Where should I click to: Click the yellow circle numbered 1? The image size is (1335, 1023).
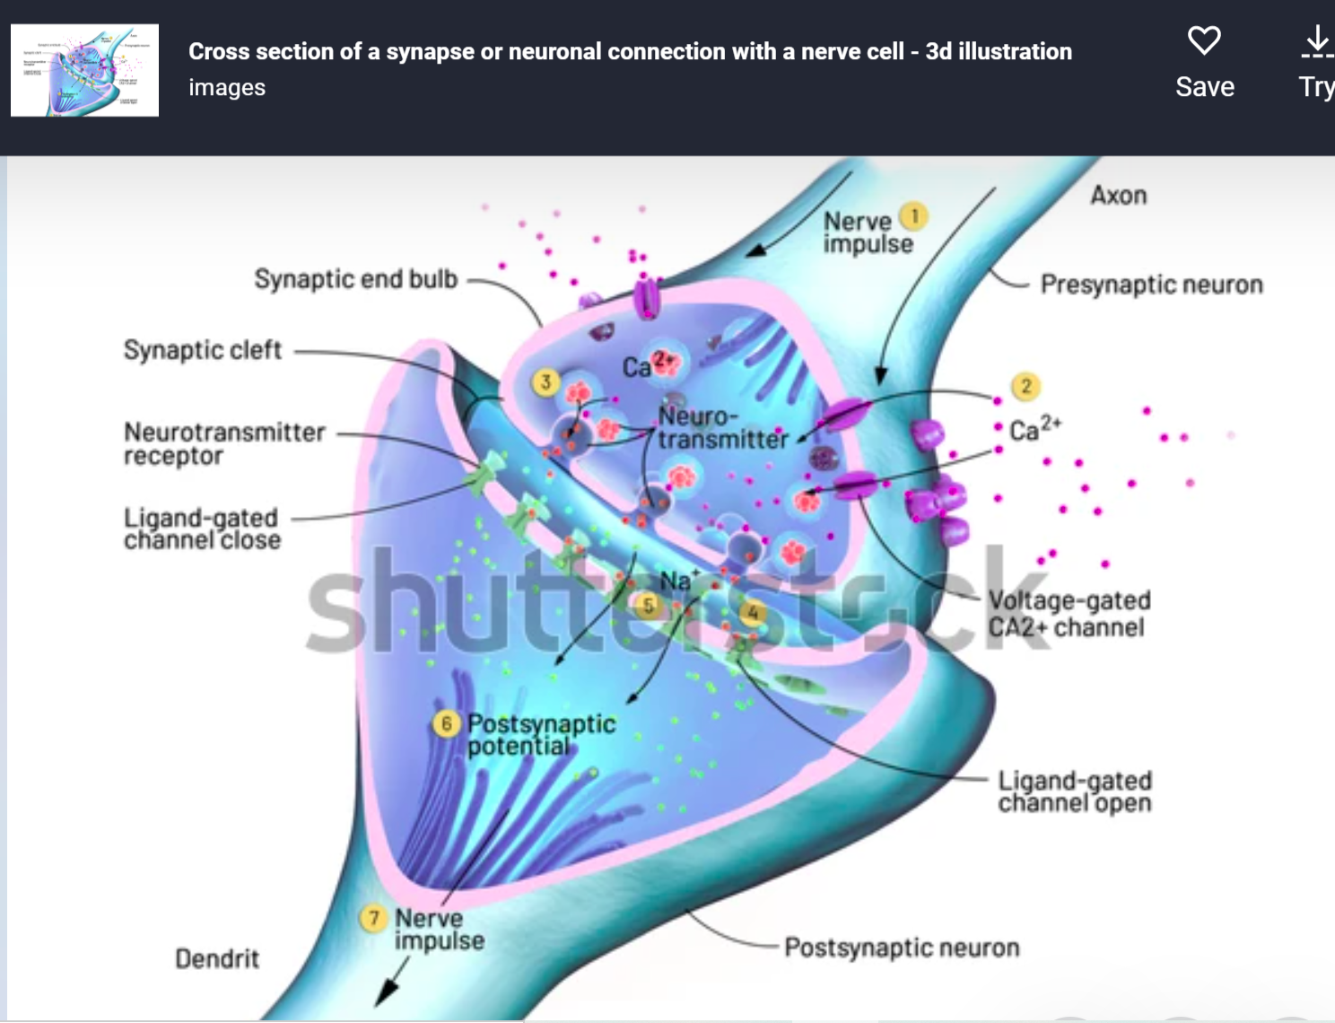point(914,216)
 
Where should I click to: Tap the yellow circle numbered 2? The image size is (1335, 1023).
point(1025,387)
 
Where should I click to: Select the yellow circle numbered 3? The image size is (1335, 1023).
point(545,382)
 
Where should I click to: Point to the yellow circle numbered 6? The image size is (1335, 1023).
point(447,723)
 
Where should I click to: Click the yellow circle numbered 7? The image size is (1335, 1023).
point(373,918)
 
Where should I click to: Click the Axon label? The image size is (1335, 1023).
point(1118,196)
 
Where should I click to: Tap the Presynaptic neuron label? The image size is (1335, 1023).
point(1151,284)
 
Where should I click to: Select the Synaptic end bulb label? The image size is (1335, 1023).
point(355,279)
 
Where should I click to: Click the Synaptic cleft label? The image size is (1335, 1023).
point(203,350)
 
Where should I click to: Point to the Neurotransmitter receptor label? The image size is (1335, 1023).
point(224,443)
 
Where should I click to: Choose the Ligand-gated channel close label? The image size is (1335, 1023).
point(202,529)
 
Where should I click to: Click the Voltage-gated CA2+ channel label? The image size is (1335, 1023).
point(1069,613)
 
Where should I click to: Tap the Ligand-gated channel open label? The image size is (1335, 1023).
point(1074,791)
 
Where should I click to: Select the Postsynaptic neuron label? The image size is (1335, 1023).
point(902,948)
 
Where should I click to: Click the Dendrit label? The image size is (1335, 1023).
point(216,958)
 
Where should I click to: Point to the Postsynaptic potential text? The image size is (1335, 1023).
point(541,734)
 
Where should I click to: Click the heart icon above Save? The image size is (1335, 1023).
point(1204,40)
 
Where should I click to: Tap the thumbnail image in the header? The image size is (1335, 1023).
point(84,70)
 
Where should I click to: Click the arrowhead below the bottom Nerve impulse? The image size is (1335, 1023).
point(386,992)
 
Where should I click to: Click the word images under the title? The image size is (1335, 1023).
point(227,87)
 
